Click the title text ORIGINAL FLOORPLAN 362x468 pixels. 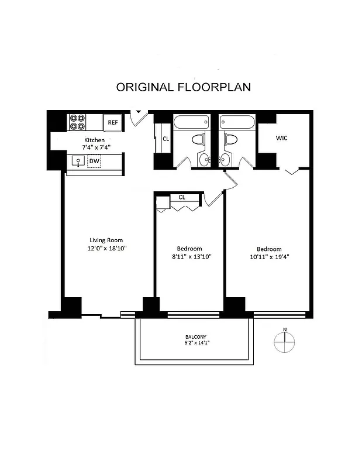pos(183,87)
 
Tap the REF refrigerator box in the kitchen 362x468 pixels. pos(112,122)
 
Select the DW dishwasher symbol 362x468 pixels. pos(94,161)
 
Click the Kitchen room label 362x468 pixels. pos(94,140)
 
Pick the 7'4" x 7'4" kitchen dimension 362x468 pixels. pos(94,148)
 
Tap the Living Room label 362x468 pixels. pos(106,240)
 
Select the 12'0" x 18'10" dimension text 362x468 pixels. pos(106,248)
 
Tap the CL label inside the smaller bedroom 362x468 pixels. pos(182,197)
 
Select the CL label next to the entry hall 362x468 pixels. pos(166,139)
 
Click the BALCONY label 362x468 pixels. pos(196,337)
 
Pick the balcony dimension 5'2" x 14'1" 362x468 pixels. pos(196,343)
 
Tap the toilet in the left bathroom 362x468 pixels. pos(199,140)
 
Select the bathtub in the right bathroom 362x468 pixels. pos(237,122)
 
